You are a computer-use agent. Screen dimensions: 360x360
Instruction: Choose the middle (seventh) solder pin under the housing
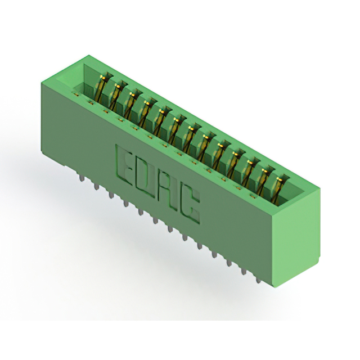tap(170, 229)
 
